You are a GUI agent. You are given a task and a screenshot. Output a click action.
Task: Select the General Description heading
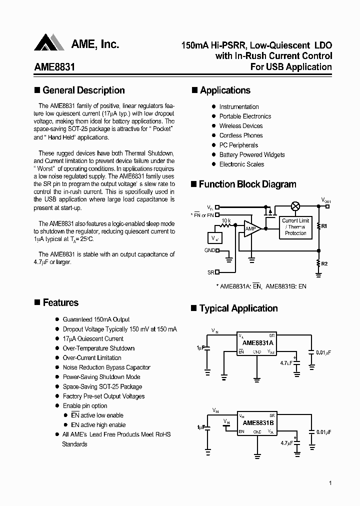[x=83, y=90]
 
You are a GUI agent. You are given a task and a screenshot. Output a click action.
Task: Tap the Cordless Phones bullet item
[x=240, y=135]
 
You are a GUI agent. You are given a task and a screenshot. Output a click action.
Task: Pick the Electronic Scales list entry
[x=241, y=164]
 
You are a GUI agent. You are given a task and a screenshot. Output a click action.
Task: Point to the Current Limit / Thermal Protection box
[x=295, y=227]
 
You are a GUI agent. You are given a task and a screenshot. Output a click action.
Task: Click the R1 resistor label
[x=324, y=226]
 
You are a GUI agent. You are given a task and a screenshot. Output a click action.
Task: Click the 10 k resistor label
[x=226, y=220]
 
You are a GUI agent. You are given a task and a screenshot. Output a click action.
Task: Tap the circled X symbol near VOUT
[x=296, y=206]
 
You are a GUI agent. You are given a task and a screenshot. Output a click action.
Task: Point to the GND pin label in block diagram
[x=209, y=250]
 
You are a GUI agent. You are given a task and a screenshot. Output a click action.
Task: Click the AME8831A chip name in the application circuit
[x=257, y=343]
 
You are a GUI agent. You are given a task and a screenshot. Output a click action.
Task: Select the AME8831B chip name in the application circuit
[x=257, y=423]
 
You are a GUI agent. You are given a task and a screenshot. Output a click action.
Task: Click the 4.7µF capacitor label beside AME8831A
[x=286, y=363]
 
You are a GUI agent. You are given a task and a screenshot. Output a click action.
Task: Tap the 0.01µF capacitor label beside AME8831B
[x=323, y=431]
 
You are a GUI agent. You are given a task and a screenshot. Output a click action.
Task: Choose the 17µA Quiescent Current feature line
[x=93, y=339]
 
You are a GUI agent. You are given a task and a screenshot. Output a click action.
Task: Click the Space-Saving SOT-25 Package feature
[x=102, y=387]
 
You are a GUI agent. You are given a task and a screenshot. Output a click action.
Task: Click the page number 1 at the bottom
[x=330, y=483]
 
